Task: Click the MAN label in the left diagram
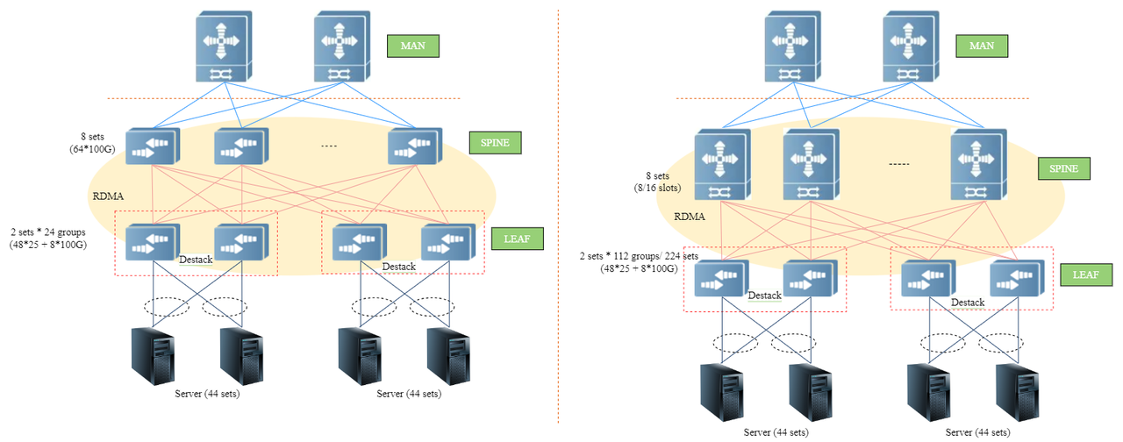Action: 412,46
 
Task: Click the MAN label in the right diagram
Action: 982,46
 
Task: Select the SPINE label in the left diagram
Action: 496,142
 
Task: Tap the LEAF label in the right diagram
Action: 1086,275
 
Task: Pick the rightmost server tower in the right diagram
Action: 1020,392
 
